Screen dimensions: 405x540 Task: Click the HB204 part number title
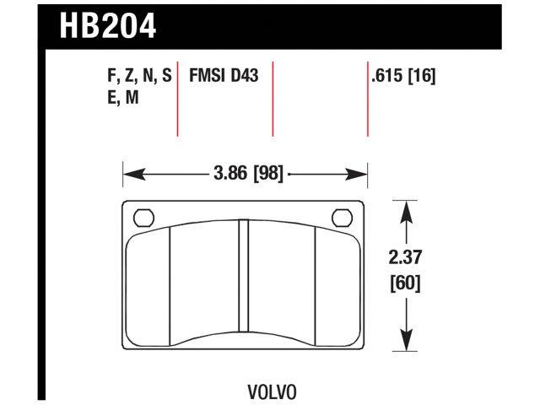coord(108,24)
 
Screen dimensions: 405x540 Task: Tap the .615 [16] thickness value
coord(402,77)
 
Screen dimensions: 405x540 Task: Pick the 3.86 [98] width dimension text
coord(246,175)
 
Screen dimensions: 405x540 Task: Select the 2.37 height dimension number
coord(407,258)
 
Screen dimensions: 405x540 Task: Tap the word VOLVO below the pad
coord(271,391)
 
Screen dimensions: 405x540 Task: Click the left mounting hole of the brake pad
coord(143,218)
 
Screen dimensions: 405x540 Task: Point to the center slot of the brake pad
coord(243,276)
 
